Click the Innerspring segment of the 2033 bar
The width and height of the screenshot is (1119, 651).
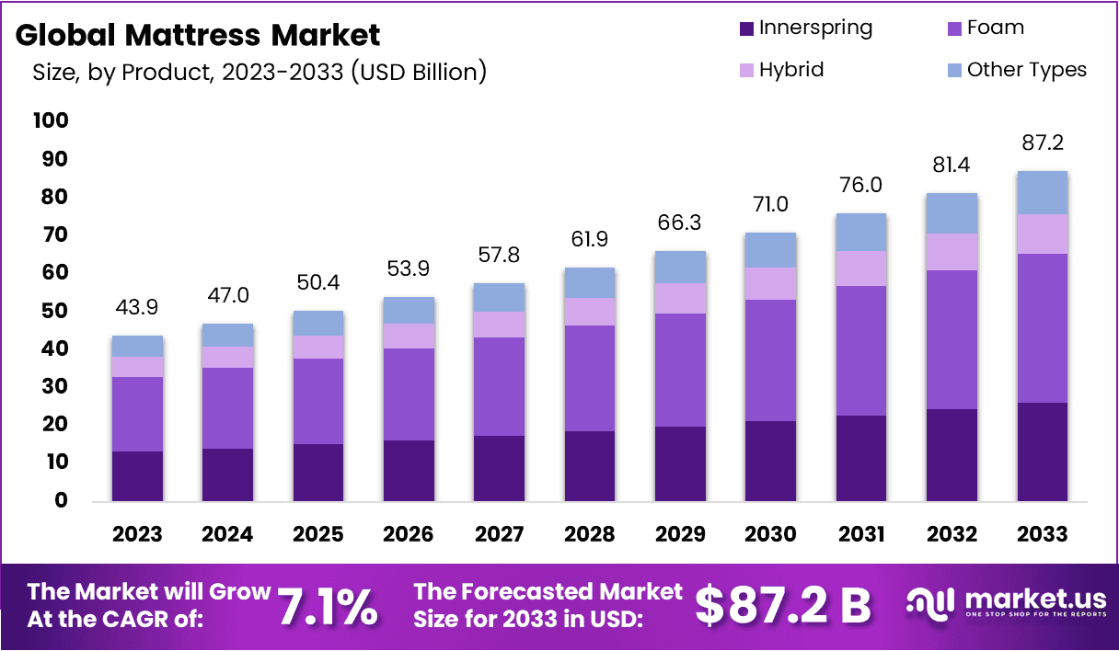(1043, 451)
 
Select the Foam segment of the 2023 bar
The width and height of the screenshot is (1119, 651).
(138, 414)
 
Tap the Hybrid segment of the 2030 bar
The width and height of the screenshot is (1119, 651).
(771, 283)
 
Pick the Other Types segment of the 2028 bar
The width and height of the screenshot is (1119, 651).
(591, 282)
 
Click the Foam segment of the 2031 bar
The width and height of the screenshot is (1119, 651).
(861, 350)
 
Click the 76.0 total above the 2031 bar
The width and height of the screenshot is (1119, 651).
(861, 185)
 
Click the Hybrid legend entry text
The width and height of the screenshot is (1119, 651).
(791, 70)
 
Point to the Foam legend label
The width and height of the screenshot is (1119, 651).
(996, 28)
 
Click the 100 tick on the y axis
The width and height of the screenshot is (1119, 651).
(51, 120)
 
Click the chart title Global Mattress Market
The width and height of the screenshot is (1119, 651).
(198, 35)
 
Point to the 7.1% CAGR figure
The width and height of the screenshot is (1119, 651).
(327, 606)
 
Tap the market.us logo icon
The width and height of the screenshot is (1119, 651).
(930, 603)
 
